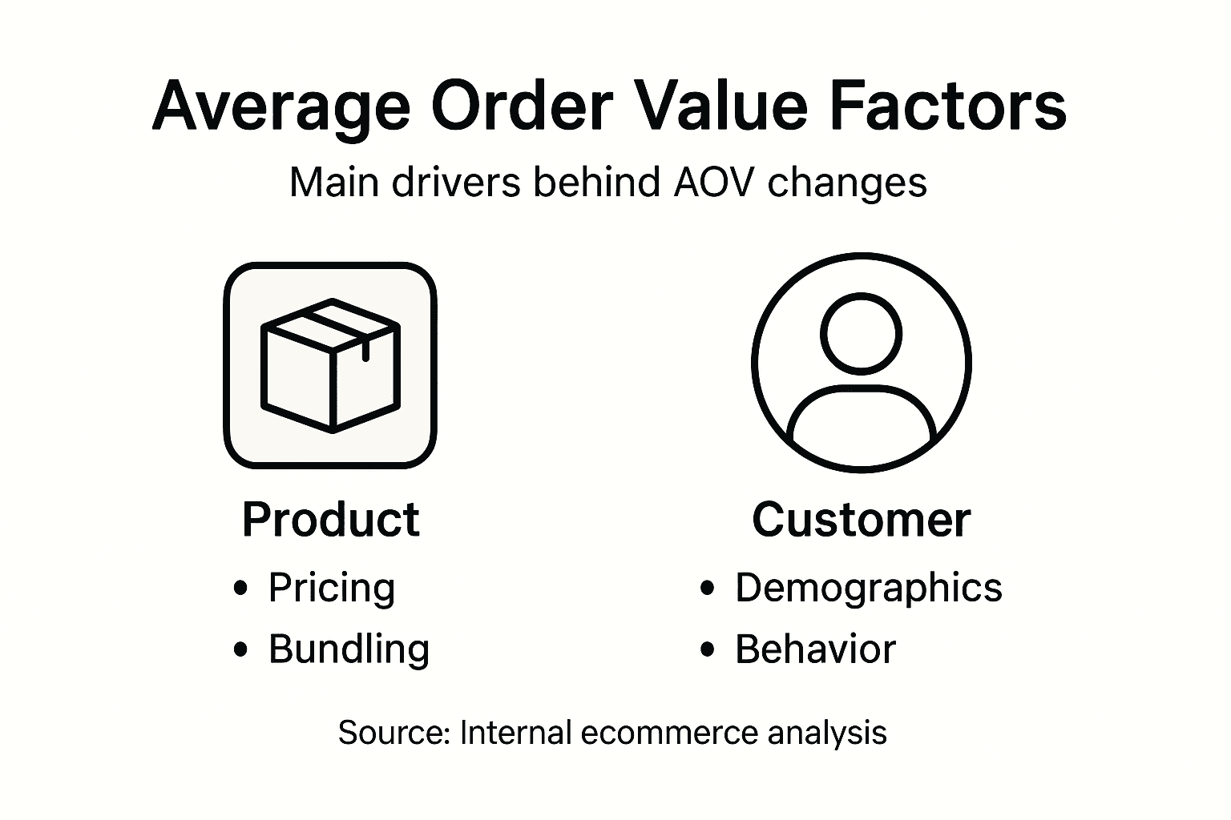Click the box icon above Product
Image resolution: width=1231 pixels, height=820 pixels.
tap(330, 365)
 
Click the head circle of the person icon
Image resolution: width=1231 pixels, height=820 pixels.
tap(861, 333)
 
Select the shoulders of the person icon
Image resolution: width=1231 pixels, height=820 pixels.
tap(861, 416)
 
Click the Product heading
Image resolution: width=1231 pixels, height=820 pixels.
tap(330, 520)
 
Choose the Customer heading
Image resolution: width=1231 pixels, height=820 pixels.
tap(861, 520)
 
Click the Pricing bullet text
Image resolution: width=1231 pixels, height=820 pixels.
tap(332, 589)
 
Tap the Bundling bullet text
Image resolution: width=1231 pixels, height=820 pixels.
tap(349, 649)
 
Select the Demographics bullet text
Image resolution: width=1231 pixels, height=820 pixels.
tap(869, 588)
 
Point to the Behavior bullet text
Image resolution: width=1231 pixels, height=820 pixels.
tap(815, 649)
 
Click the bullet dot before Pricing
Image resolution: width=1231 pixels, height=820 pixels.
tap(240, 589)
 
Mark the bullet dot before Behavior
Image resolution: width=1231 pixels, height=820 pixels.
tap(707, 649)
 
